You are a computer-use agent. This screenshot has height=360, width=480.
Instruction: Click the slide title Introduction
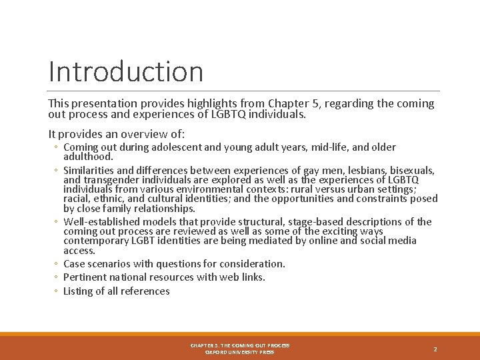coord(125,71)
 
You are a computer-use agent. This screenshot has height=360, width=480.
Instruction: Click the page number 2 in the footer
coord(435,349)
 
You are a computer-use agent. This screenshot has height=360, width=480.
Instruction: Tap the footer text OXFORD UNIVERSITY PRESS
coord(239,352)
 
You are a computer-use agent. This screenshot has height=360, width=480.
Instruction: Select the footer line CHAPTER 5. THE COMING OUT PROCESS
coord(239,345)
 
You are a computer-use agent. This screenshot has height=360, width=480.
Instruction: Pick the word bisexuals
coord(412,171)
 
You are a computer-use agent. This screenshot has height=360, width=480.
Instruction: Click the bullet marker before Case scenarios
coord(57,264)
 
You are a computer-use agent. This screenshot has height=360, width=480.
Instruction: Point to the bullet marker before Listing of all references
coord(57,291)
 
